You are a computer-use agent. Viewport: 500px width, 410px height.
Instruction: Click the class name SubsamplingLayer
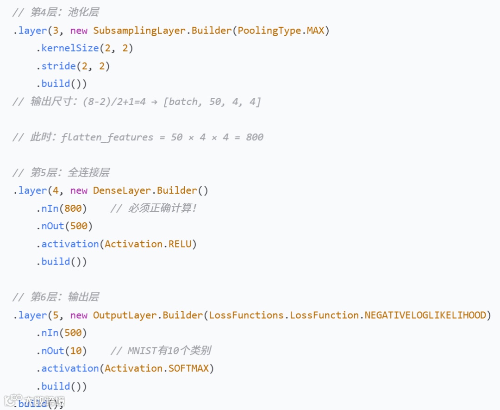tap(141, 31)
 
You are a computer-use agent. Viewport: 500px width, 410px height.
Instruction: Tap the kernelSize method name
tap(70, 48)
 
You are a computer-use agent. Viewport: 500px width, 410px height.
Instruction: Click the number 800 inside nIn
tap(73, 208)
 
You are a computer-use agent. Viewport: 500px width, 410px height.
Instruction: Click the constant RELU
tap(180, 244)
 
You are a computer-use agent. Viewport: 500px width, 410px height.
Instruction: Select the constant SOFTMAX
tap(188, 368)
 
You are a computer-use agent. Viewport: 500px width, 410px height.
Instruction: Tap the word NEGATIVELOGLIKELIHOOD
tap(425, 315)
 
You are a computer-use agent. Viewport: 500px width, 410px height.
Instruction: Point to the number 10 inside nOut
tap(76, 351)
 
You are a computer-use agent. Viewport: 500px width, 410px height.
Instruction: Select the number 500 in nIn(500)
tap(73, 333)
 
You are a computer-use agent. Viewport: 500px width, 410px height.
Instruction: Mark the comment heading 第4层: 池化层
tap(64, 13)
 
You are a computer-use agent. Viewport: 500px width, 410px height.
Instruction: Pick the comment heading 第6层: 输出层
tap(64, 297)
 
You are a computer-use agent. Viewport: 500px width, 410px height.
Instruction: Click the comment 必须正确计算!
tap(162, 208)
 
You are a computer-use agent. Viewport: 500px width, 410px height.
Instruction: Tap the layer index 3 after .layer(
tap(56, 31)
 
